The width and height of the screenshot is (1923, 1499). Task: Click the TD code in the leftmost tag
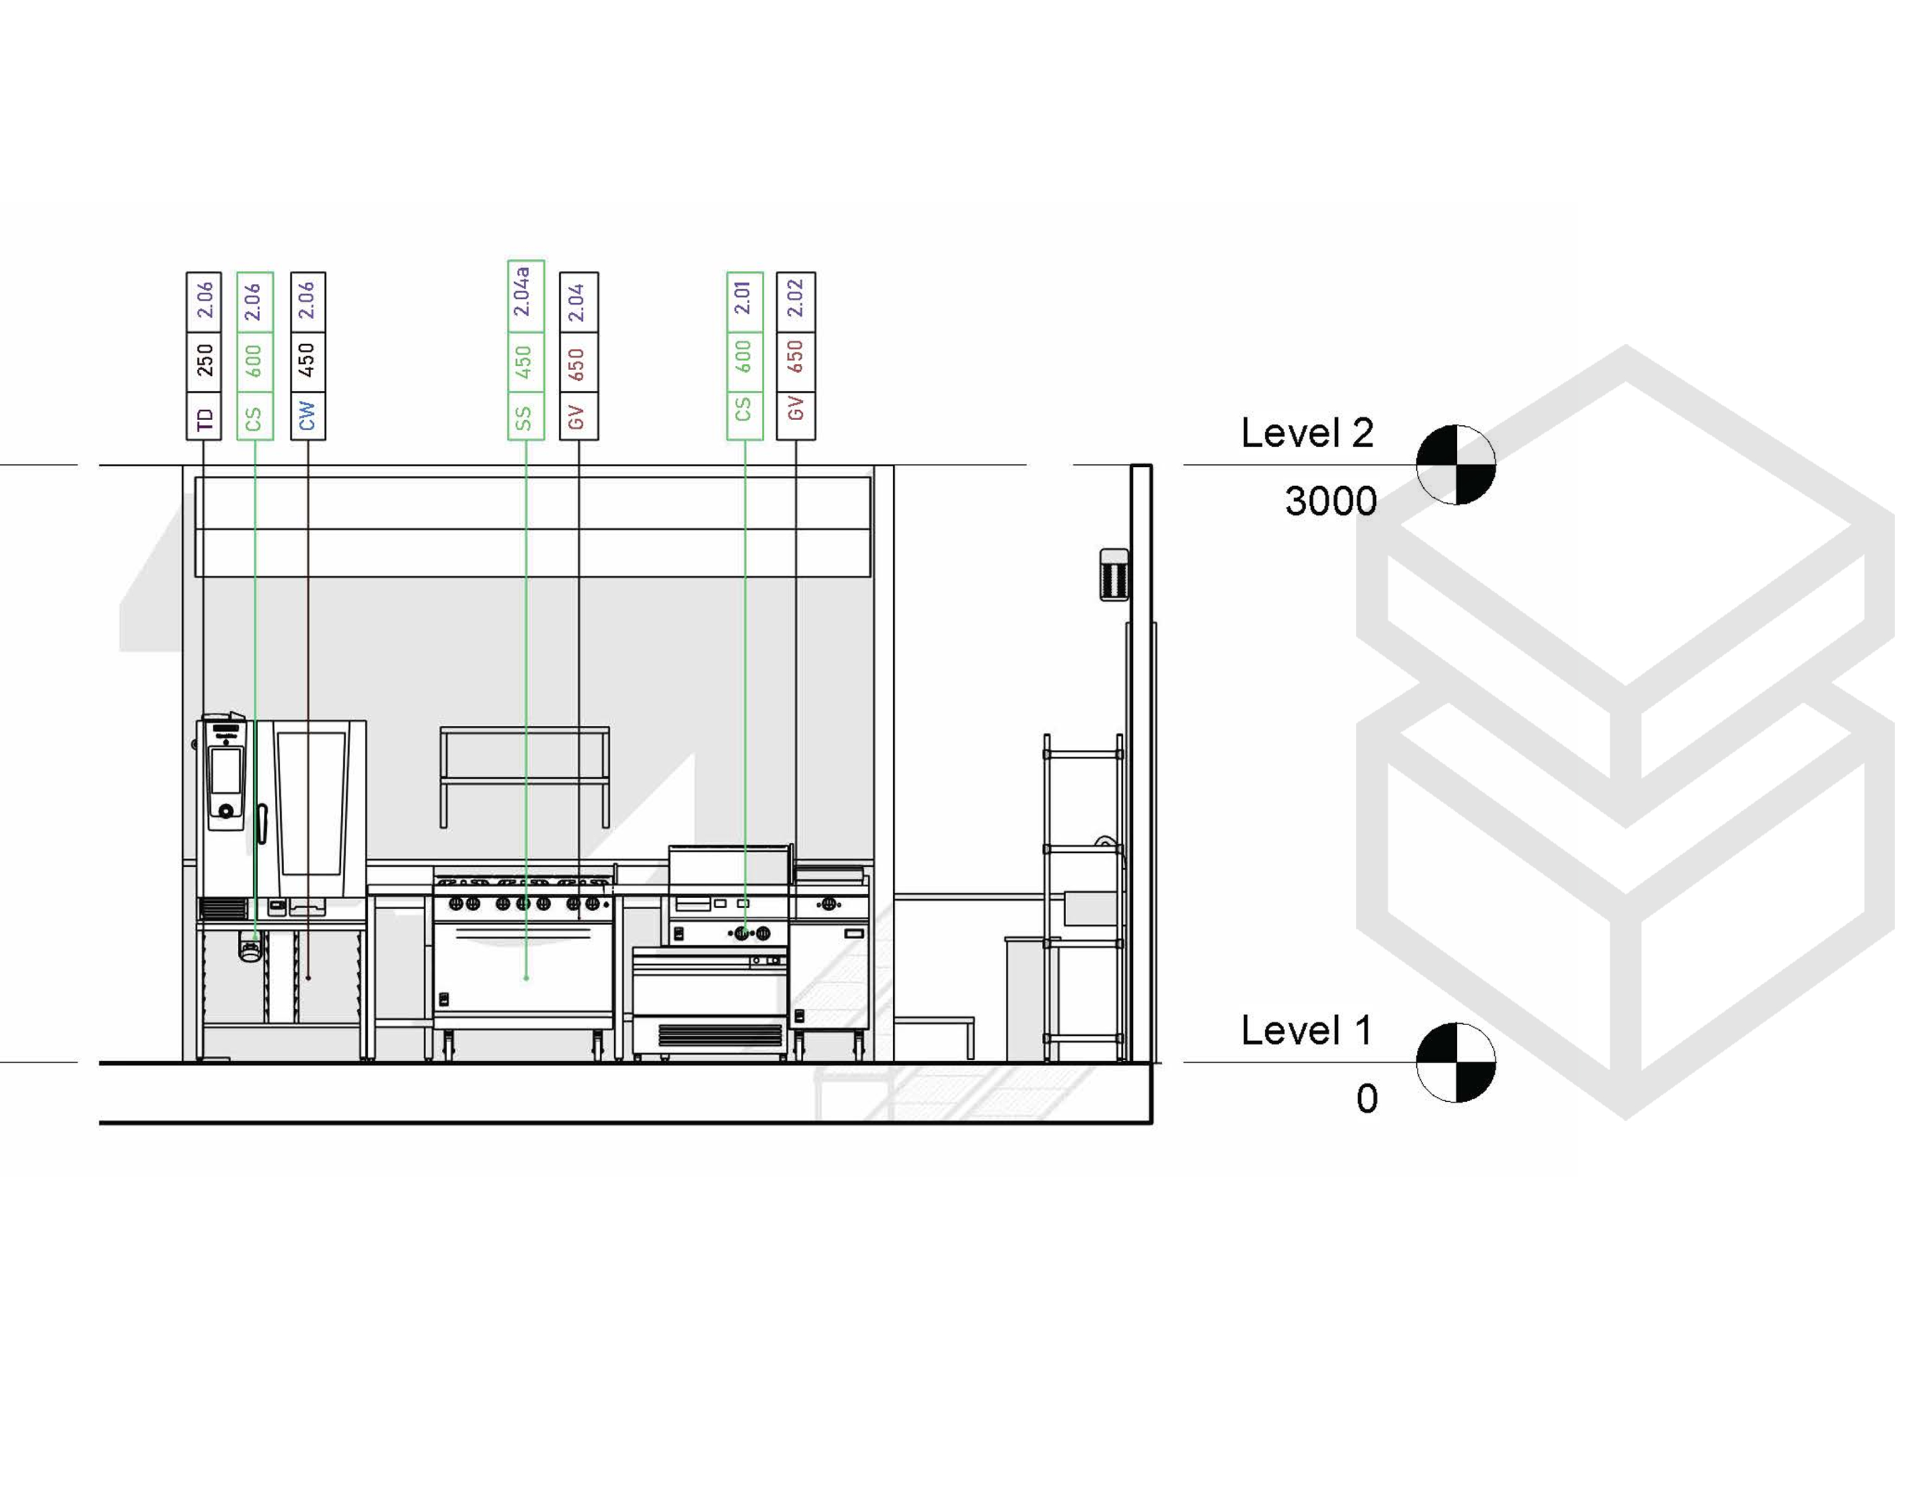(204, 420)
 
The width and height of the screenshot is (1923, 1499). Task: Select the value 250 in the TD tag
(204, 359)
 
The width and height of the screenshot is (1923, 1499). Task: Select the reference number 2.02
(795, 299)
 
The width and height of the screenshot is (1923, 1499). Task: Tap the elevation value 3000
(1330, 501)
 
